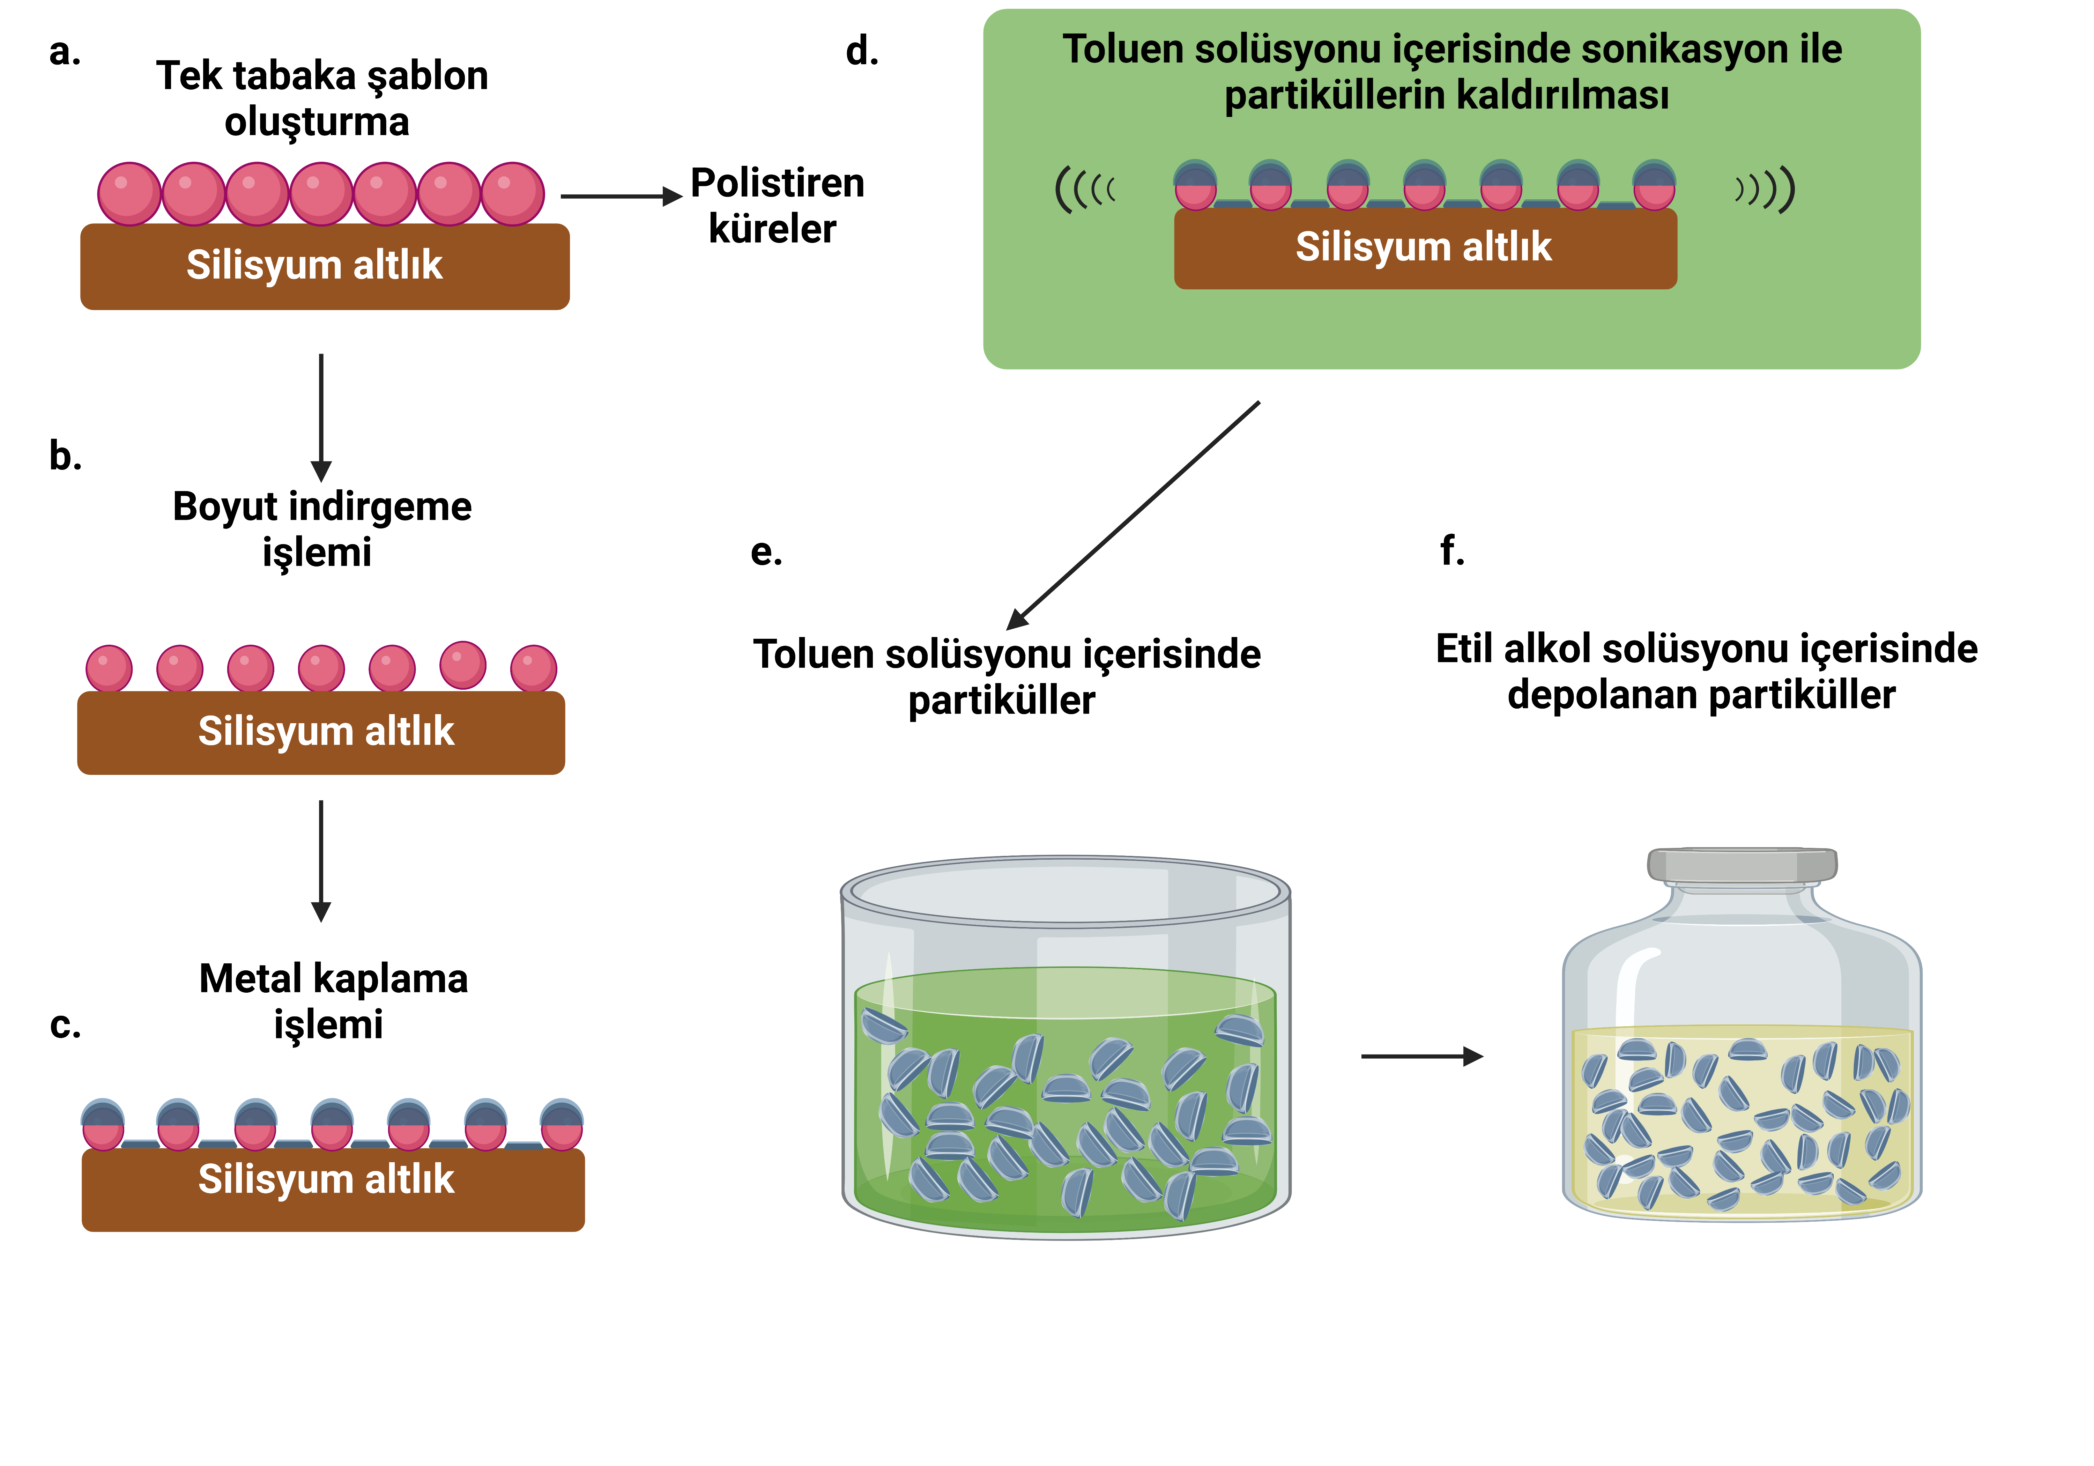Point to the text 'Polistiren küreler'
click(x=776, y=205)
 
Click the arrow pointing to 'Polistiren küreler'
click(x=620, y=196)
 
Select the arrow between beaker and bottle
click(x=1421, y=1057)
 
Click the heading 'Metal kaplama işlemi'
click(x=333, y=1001)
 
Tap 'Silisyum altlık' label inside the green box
click(x=1424, y=247)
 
